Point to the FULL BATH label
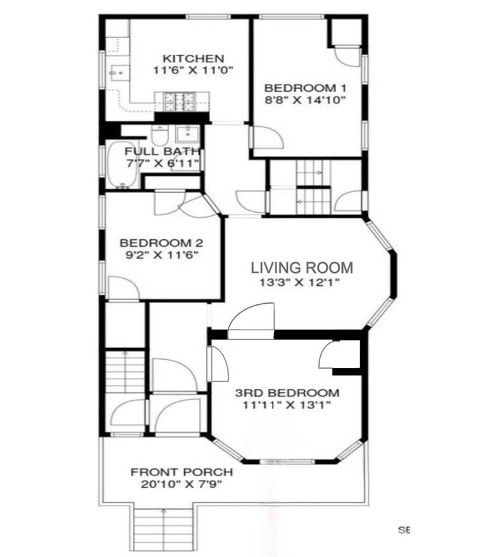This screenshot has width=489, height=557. (x=162, y=152)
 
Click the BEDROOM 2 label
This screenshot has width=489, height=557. (x=161, y=243)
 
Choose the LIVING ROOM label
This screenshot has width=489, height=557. (x=301, y=268)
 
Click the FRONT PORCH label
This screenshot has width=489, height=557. (x=181, y=472)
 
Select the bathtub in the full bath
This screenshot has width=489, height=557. (x=120, y=166)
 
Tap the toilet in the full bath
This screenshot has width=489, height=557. (x=159, y=135)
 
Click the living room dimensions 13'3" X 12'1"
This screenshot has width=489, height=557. (x=301, y=283)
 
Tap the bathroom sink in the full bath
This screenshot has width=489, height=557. (x=187, y=134)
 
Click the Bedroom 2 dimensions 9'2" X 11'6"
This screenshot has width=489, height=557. (x=161, y=255)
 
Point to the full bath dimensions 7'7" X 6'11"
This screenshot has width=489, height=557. (x=162, y=164)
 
